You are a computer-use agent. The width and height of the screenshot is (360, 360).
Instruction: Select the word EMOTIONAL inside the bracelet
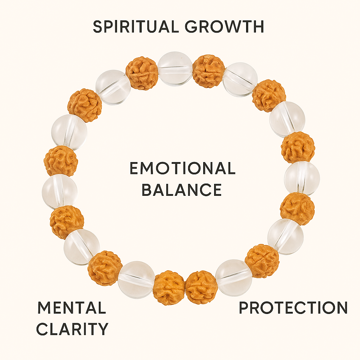tap(182, 169)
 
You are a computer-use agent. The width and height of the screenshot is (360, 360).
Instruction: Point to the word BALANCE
tap(182, 189)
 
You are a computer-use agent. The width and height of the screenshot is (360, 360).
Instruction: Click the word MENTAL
tap(71, 308)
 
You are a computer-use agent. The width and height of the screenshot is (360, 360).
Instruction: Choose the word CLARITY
tap(72, 329)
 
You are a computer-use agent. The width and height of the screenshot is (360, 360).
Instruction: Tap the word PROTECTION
tap(293, 308)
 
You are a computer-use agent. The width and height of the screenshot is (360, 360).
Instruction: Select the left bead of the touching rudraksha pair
tap(169, 287)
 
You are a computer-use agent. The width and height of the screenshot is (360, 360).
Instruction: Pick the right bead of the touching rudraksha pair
tap(201, 287)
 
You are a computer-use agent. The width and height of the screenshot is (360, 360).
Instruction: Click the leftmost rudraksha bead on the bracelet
tap(61, 161)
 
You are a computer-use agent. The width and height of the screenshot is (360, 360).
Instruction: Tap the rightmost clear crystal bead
tap(302, 178)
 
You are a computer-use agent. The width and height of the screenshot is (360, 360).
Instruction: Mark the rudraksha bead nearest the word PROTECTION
tap(262, 261)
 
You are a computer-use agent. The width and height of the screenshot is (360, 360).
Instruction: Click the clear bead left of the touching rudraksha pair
tap(136, 279)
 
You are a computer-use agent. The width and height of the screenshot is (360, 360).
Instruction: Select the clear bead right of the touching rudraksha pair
tap(233, 278)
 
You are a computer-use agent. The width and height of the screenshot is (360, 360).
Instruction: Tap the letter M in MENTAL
tap(44, 308)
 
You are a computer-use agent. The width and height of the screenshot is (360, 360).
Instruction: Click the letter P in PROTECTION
tap(244, 308)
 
